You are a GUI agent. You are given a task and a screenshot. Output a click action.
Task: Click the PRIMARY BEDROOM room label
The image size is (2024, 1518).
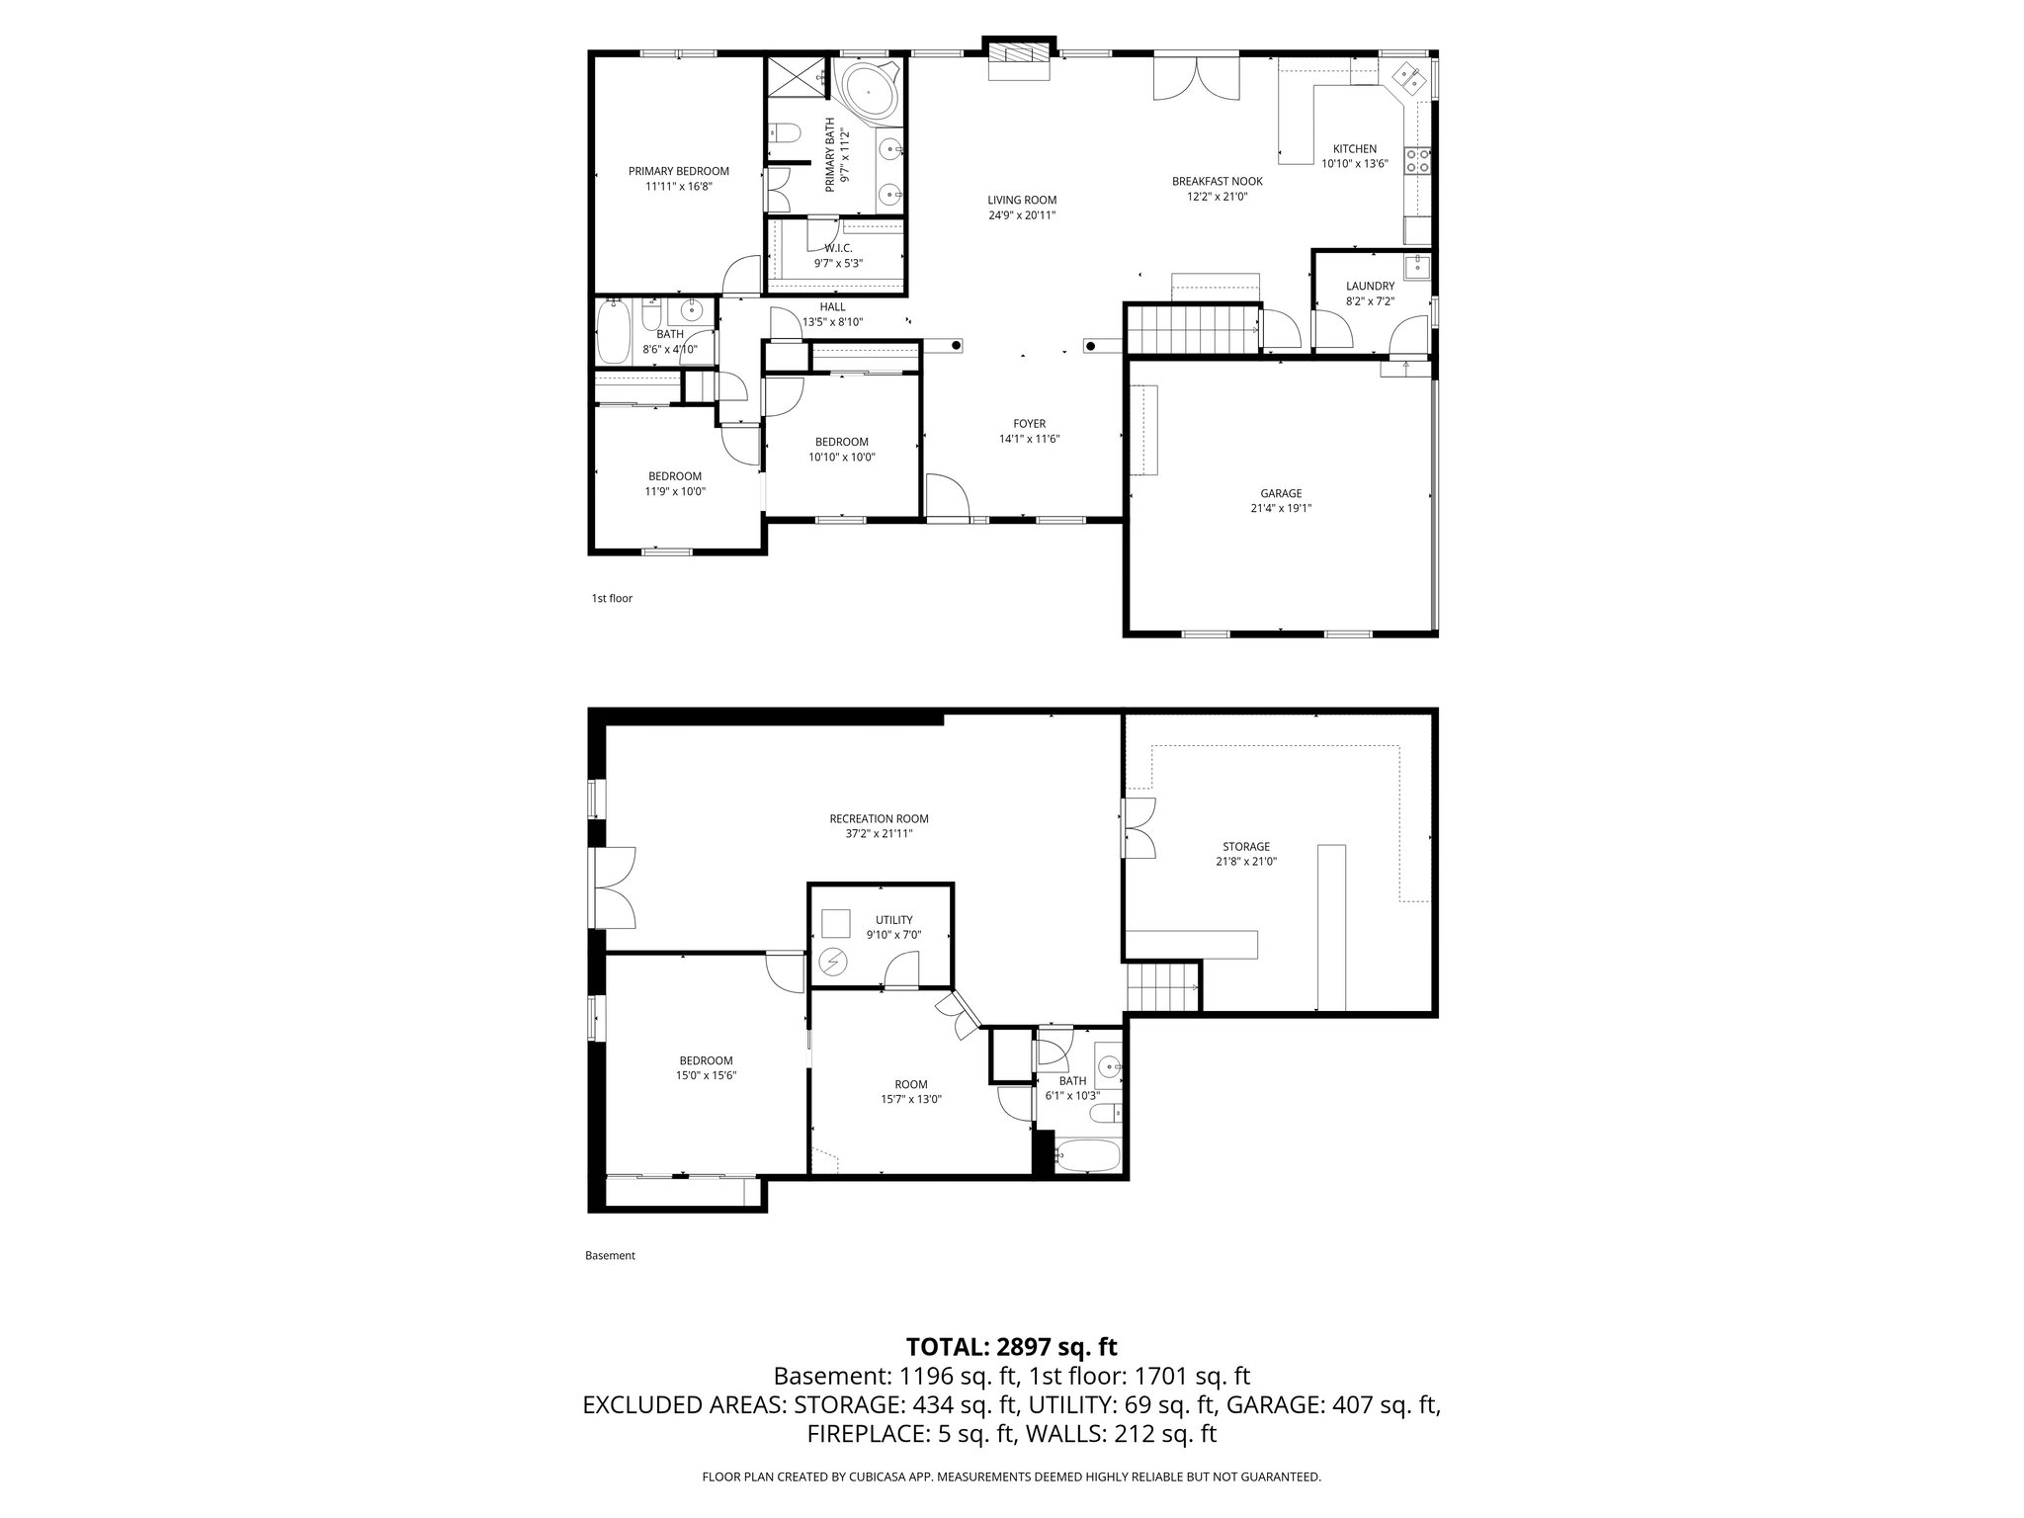[x=678, y=171]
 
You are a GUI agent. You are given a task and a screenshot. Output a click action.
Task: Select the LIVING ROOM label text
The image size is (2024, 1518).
[x=1022, y=200]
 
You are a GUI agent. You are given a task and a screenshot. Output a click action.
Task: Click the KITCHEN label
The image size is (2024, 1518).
[x=1354, y=149]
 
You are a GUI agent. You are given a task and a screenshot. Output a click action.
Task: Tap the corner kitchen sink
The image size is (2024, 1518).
[x=1407, y=76]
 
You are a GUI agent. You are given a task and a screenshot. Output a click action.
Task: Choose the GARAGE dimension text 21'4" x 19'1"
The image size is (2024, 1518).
[x=1281, y=508]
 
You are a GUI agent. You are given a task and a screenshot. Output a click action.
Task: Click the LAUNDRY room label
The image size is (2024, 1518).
[x=1370, y=286]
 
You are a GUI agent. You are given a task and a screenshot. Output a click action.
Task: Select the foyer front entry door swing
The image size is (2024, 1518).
[x=944, y=495]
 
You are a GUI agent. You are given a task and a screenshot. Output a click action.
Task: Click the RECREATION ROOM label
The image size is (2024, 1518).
[x=879, y=818]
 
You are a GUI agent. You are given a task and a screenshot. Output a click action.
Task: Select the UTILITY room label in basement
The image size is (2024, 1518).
[x=893, y=920]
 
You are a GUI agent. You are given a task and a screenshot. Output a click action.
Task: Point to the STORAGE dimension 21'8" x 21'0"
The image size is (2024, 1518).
[x=1245, y=862]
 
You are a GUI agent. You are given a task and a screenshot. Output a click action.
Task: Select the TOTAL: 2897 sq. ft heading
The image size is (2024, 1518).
[x=1011, y=1347]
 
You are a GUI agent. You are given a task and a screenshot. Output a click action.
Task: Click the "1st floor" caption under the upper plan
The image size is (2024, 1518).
[x=612, y=598]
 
